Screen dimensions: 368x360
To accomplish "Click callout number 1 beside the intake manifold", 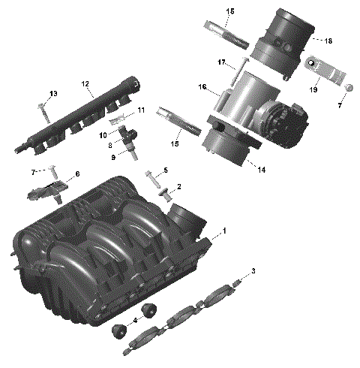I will tap(223, 231).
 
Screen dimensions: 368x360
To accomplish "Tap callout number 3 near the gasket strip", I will tap(253, 270).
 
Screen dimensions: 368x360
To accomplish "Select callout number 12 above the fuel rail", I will tap(85, 84).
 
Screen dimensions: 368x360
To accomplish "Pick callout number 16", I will tap(202, 88).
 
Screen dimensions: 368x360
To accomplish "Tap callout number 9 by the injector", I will tap(113, 157).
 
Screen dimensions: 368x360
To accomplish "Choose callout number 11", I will tap(139, 111).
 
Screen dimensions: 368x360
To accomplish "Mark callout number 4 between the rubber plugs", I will tap(134, 321).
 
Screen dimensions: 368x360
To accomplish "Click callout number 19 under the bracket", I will tap(314, 89).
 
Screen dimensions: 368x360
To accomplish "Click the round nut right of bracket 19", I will tap(349, 89).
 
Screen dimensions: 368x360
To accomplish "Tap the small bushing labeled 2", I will tap(164, 195).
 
